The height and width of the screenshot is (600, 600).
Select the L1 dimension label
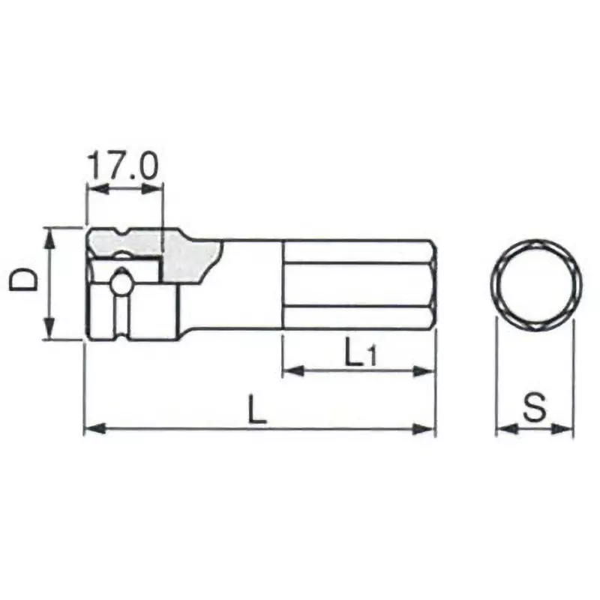pyautogui.click(x=358, y=353)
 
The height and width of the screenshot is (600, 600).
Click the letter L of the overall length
pyautogui.click(x=257, y=412)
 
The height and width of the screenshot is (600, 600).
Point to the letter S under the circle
pyautogui.click(x=534, y=409)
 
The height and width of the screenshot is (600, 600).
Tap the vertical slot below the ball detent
pyautogui.click(x=119, y=315)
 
